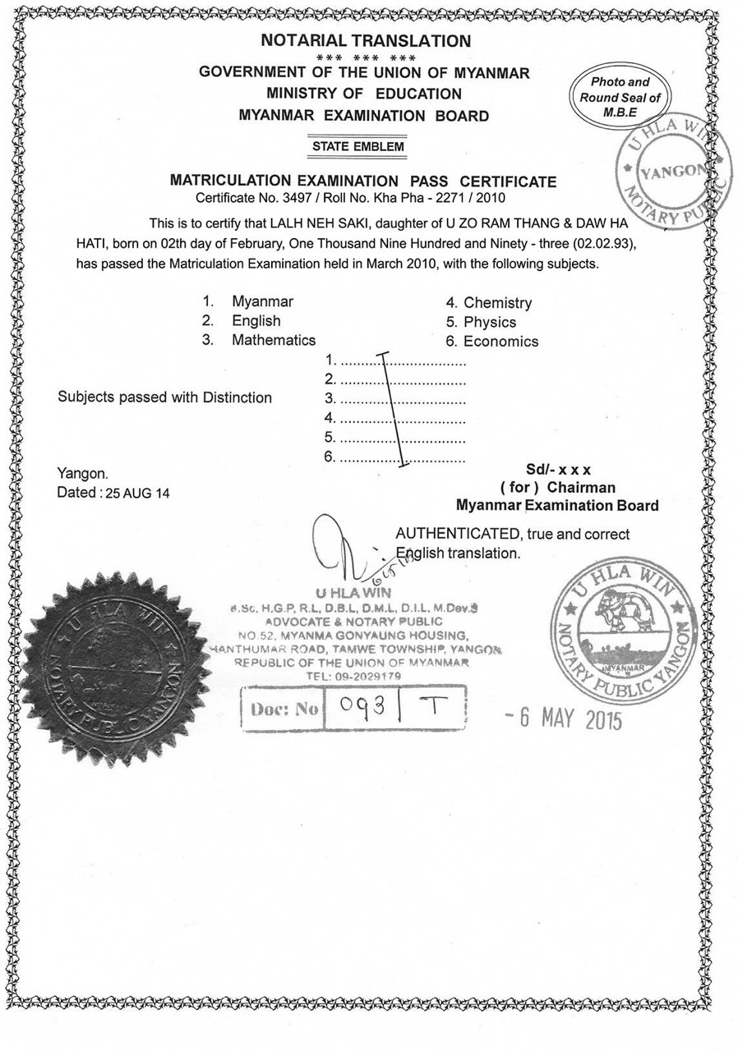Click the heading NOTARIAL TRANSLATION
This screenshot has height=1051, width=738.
(366, 40)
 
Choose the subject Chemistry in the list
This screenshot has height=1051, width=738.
(497, 303)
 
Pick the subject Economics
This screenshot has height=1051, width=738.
(500, 342)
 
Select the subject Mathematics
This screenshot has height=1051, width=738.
(273, 340)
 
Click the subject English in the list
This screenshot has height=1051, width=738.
(256, 321)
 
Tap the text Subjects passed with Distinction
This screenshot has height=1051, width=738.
(164, 397)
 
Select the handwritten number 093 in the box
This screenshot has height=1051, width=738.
(358, 706)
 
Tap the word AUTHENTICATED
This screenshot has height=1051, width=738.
(457, 534)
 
